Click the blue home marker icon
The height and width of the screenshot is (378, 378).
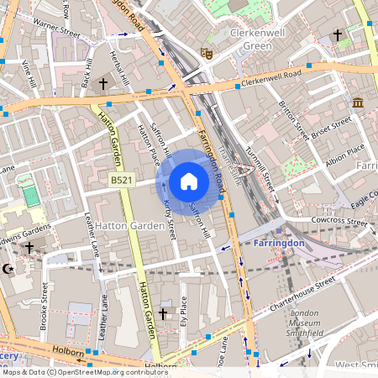189,181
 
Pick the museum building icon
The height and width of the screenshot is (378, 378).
359,102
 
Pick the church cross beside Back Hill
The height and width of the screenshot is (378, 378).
104,84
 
